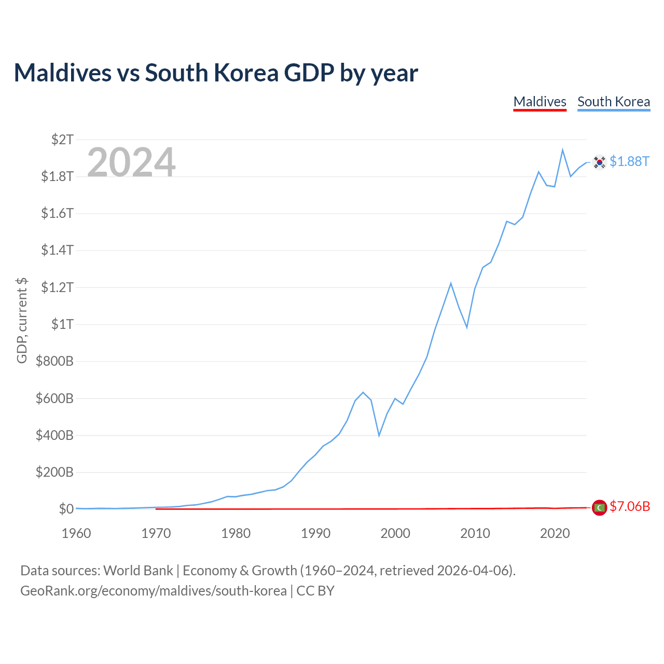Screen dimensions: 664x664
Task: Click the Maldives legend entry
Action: coord(539,102)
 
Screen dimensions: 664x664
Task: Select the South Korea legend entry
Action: coord(613,102)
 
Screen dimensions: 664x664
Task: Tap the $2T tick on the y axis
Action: coord(62,140)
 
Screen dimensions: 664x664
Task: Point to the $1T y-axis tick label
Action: coord(62,324)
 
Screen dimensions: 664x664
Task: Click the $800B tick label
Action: coord(54,361)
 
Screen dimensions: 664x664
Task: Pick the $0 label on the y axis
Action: coord(66,508)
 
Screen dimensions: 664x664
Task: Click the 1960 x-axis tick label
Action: coord(76,533)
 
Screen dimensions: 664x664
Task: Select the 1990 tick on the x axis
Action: coord(315,533)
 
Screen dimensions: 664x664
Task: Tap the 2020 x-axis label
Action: coord(555,533)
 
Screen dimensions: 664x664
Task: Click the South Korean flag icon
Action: coord(599,162)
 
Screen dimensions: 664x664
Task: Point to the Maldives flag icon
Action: coord(599,507)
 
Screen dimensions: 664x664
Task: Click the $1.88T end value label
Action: coord(629,162)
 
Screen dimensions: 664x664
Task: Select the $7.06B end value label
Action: coord(630,506)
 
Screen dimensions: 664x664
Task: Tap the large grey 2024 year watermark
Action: coord(131,162)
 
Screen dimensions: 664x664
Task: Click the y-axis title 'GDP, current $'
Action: coord(22,321)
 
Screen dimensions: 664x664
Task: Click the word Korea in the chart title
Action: coord(246,73)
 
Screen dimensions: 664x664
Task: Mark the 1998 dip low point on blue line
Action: coord(379,436)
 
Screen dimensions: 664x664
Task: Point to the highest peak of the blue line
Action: coord(562,150)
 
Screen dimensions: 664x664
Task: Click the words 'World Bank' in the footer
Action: coord(138,571)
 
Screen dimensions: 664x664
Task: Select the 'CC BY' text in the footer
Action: coord(315,591)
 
